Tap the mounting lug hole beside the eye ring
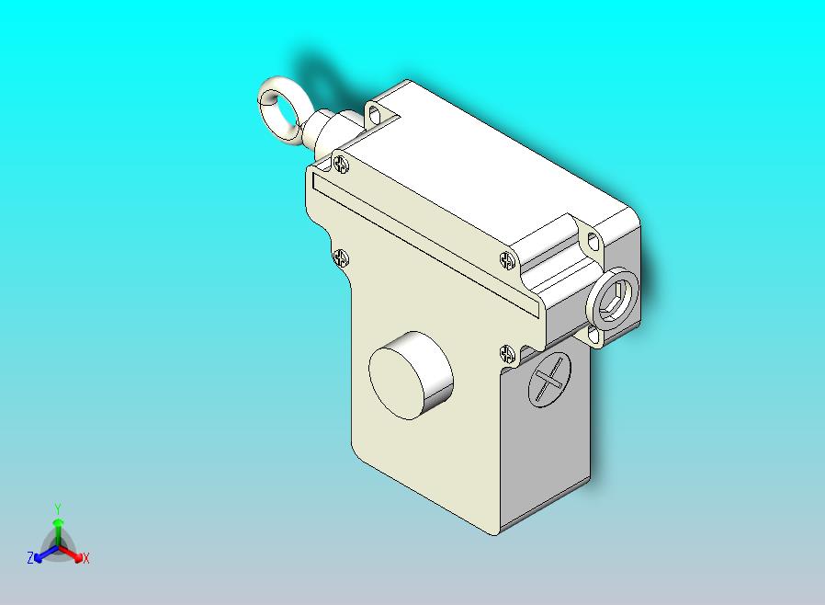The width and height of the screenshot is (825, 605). pyautogui.click(x=375, y=115)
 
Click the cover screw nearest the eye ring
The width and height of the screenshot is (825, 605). pyautogui.click(x=342, y=165)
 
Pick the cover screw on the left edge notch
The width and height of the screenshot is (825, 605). pyautogui.click(x=341, y=258)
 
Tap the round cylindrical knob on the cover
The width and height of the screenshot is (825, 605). pyautogui.click(x=411, y=373)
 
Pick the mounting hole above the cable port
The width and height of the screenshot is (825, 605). pyautogui.click(x=593, y=242)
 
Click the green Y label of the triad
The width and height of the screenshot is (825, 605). pyautogui.click(x=58, y=508)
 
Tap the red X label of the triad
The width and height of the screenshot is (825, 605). pyautogui.click(x=85, y=558)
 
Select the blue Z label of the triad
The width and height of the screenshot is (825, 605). pyautogui.click(x=29, y=558)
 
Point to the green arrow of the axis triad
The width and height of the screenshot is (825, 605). pyautogui.click(x=58, y=529)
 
